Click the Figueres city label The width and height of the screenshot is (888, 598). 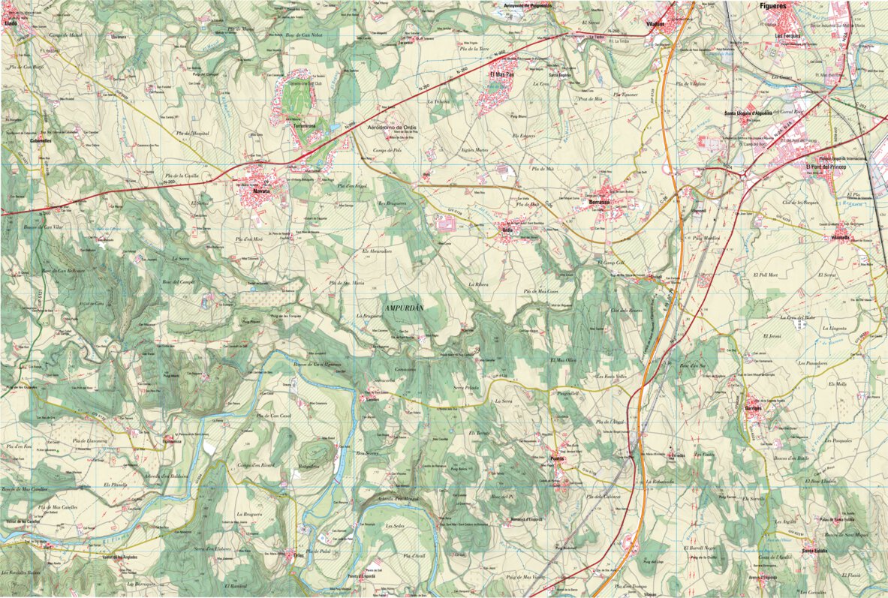[773, 6]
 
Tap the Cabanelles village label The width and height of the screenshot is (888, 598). [40, 141]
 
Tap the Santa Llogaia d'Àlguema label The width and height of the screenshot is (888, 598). [748, 113]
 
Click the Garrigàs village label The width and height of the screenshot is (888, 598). [752, 409]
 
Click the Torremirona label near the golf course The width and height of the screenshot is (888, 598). [304, 126]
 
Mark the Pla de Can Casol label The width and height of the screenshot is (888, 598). [274, 416]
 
